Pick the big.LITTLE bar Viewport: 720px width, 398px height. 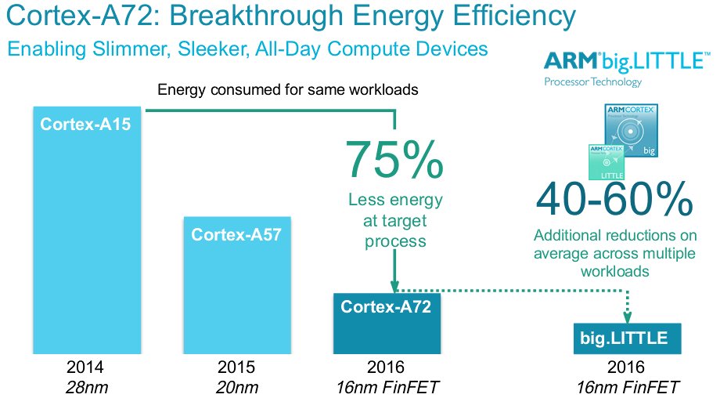coord(624,338)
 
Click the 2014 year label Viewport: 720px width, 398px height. coord(85,367)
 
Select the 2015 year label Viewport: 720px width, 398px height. coord(236,367)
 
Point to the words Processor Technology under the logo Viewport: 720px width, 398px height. coord(592,82)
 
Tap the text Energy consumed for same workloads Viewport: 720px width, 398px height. coord(287,89)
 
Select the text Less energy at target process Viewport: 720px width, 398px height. coord(394,220)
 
